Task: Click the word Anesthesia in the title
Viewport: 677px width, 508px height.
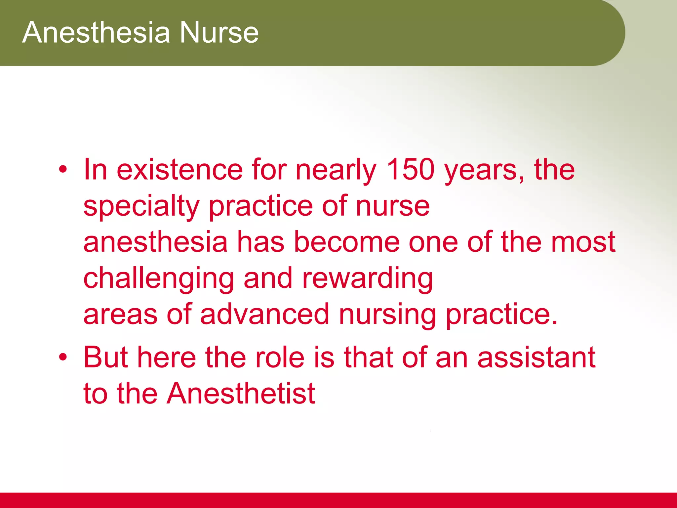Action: (96, 32)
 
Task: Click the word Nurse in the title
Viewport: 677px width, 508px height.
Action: (219, 32)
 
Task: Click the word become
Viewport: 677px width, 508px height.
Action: (347, 242)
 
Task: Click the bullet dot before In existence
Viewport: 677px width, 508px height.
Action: (63, 170)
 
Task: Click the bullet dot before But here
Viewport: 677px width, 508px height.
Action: (63, 358)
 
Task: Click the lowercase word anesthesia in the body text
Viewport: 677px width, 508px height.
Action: (155, 243)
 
